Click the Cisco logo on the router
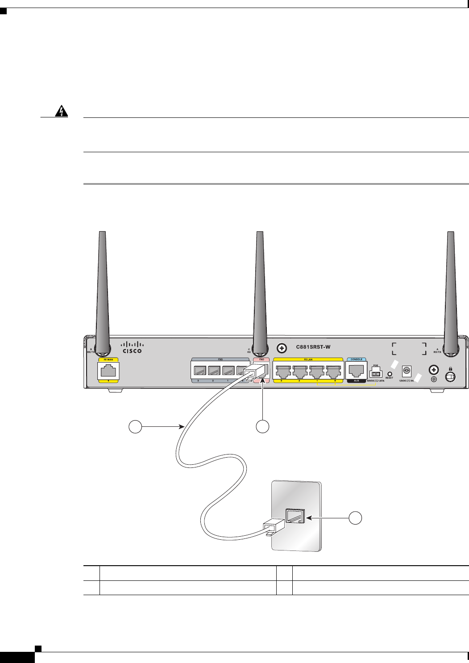(133, 347)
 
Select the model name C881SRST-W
(313, 347)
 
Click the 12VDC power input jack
(406, 371)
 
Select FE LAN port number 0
(333, 371)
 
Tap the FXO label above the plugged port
(261, 359)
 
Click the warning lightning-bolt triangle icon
(59, 112)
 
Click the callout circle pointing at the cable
(135, 427)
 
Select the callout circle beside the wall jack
(356, 518)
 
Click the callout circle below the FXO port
(262, 427)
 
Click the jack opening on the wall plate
(295, 516)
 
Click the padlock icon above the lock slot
(451, 369)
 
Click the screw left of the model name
(281, 347)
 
